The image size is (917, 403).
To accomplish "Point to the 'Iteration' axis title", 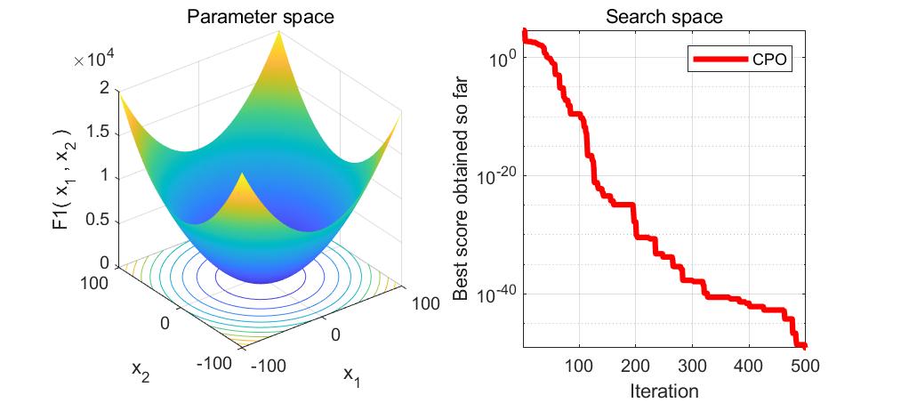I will [x=664, y=390].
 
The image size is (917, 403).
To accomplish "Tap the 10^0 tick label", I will [x=503, y=58].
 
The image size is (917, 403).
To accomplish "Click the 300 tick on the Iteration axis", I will [x=692, y=366].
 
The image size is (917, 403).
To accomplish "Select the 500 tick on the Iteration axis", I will [x=804, y=366].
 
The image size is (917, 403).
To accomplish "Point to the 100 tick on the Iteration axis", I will [x=579, y=366].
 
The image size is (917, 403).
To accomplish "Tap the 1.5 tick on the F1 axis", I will [x=99, y=132].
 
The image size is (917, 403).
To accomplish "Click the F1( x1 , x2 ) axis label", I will [x=60, y=176].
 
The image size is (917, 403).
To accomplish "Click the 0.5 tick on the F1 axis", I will [x=99, y=220].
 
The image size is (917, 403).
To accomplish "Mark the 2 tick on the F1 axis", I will [x=105, y=88].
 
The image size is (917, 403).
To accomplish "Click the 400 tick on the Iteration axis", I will [x=748, y=366].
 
